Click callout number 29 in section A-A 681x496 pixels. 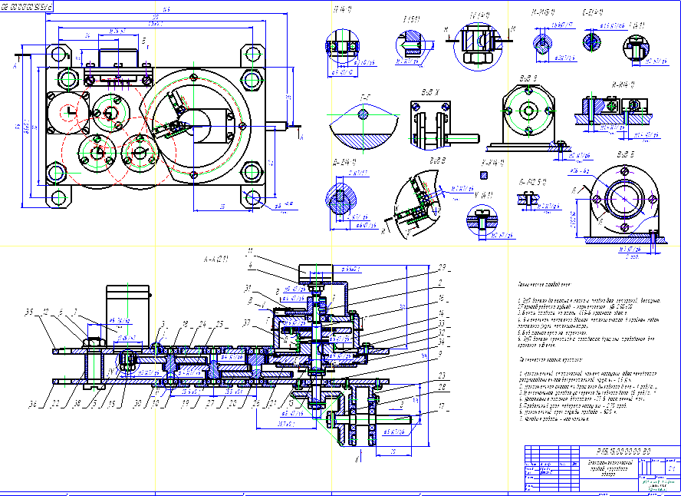(x=442, y=266)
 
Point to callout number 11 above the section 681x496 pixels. (x=248, y=251)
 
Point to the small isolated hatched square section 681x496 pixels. (x=483, y=175)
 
